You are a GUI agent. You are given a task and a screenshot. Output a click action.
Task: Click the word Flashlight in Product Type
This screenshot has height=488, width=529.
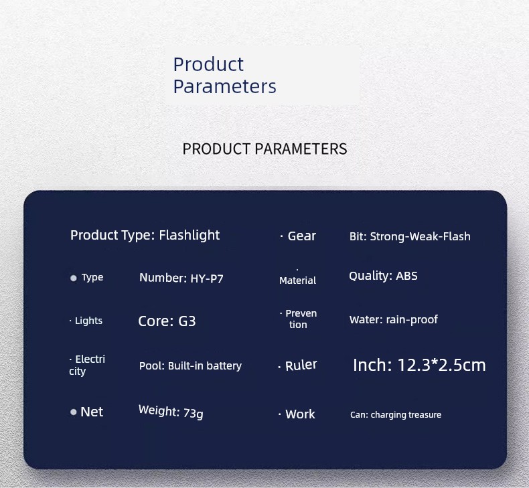pos(190,236)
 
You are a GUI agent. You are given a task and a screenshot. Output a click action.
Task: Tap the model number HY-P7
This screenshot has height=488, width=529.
pos(207,279)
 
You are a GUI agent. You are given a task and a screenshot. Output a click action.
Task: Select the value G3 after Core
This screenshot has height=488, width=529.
pos(187,321)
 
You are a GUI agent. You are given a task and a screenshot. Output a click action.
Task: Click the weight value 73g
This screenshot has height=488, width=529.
pos(194,413)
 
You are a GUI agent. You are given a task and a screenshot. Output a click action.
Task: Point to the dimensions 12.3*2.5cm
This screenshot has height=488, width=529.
pos(442,365)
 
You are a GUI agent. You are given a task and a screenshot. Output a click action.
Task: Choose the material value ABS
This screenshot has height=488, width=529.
pos(406,276)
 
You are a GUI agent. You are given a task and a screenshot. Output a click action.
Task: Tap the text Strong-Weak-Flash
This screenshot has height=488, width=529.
pos(420,236)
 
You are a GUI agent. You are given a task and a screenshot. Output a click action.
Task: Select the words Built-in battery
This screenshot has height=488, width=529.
pos(205,366)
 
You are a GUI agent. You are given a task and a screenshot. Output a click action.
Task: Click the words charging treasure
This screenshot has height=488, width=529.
pos(406,415)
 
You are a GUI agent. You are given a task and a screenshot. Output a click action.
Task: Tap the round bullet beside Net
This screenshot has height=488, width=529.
pos(73,412)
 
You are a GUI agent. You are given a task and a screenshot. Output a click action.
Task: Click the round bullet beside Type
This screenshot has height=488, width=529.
pos(73,278)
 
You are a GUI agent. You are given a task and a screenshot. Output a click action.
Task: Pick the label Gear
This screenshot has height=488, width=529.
pos(301,236)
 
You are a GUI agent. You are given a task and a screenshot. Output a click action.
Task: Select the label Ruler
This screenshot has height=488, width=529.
pos(301,365)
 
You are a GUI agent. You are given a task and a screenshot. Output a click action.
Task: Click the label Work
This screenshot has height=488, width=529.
pos(300,414)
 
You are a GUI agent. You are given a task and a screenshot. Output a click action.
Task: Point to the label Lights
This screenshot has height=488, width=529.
pos(88,321)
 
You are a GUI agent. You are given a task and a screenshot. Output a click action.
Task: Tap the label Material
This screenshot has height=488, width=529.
pos(297,280)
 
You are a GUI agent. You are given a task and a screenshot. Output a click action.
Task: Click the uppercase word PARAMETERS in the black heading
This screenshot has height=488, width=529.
pos(301,149)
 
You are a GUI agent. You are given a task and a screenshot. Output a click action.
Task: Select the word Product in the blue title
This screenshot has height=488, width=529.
pos(208,64)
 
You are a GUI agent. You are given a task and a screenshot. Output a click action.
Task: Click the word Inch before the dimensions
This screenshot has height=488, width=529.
pos(370,365)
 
